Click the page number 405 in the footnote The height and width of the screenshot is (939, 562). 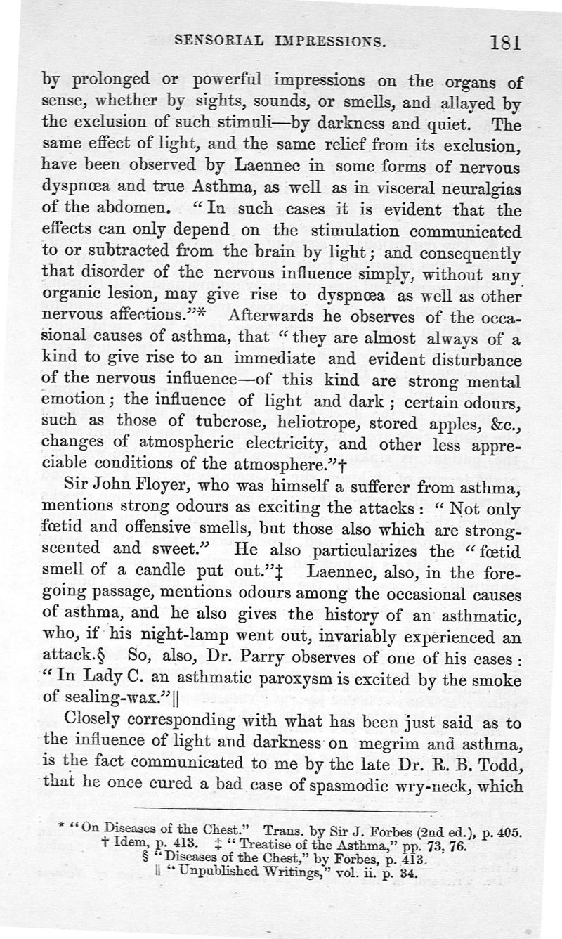coord(508,831)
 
